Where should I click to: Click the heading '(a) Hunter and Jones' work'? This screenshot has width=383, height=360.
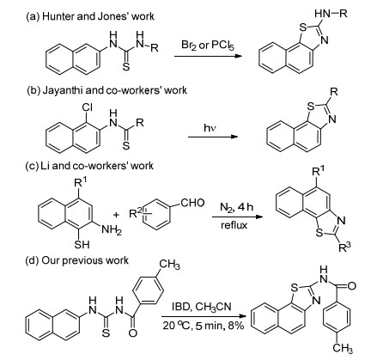tap(90, 16)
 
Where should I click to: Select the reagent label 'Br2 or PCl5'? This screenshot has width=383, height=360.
tap(208, 46)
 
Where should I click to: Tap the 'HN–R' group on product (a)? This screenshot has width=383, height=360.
tap(331, 14)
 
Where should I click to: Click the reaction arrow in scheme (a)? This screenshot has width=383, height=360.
tap(209, 56)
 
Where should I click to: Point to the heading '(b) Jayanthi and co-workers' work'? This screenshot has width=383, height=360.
tap(106, 90)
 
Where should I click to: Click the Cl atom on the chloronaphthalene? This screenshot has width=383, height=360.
tap(87, 107)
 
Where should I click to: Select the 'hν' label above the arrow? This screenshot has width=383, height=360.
tap(210, 128)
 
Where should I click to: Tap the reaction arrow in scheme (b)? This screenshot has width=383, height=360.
tap(213, 137)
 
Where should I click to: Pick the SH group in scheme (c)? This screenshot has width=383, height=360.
tap(82, 244)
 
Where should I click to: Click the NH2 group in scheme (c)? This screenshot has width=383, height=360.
tap(112, 229)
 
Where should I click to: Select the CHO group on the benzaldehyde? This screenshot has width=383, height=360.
tap(192, 203)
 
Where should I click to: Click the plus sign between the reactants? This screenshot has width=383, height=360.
tap(116, 215)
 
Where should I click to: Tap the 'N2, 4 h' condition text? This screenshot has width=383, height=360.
tap(236, 207)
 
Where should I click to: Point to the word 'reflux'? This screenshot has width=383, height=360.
tap(234, 225)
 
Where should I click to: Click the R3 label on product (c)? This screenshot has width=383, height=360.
tap(344, 247)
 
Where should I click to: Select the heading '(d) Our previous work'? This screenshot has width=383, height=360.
tap(77, 260)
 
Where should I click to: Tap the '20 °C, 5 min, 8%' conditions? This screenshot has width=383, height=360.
tap(204, 326)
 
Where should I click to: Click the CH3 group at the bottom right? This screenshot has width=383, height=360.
tap(343, 349)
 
